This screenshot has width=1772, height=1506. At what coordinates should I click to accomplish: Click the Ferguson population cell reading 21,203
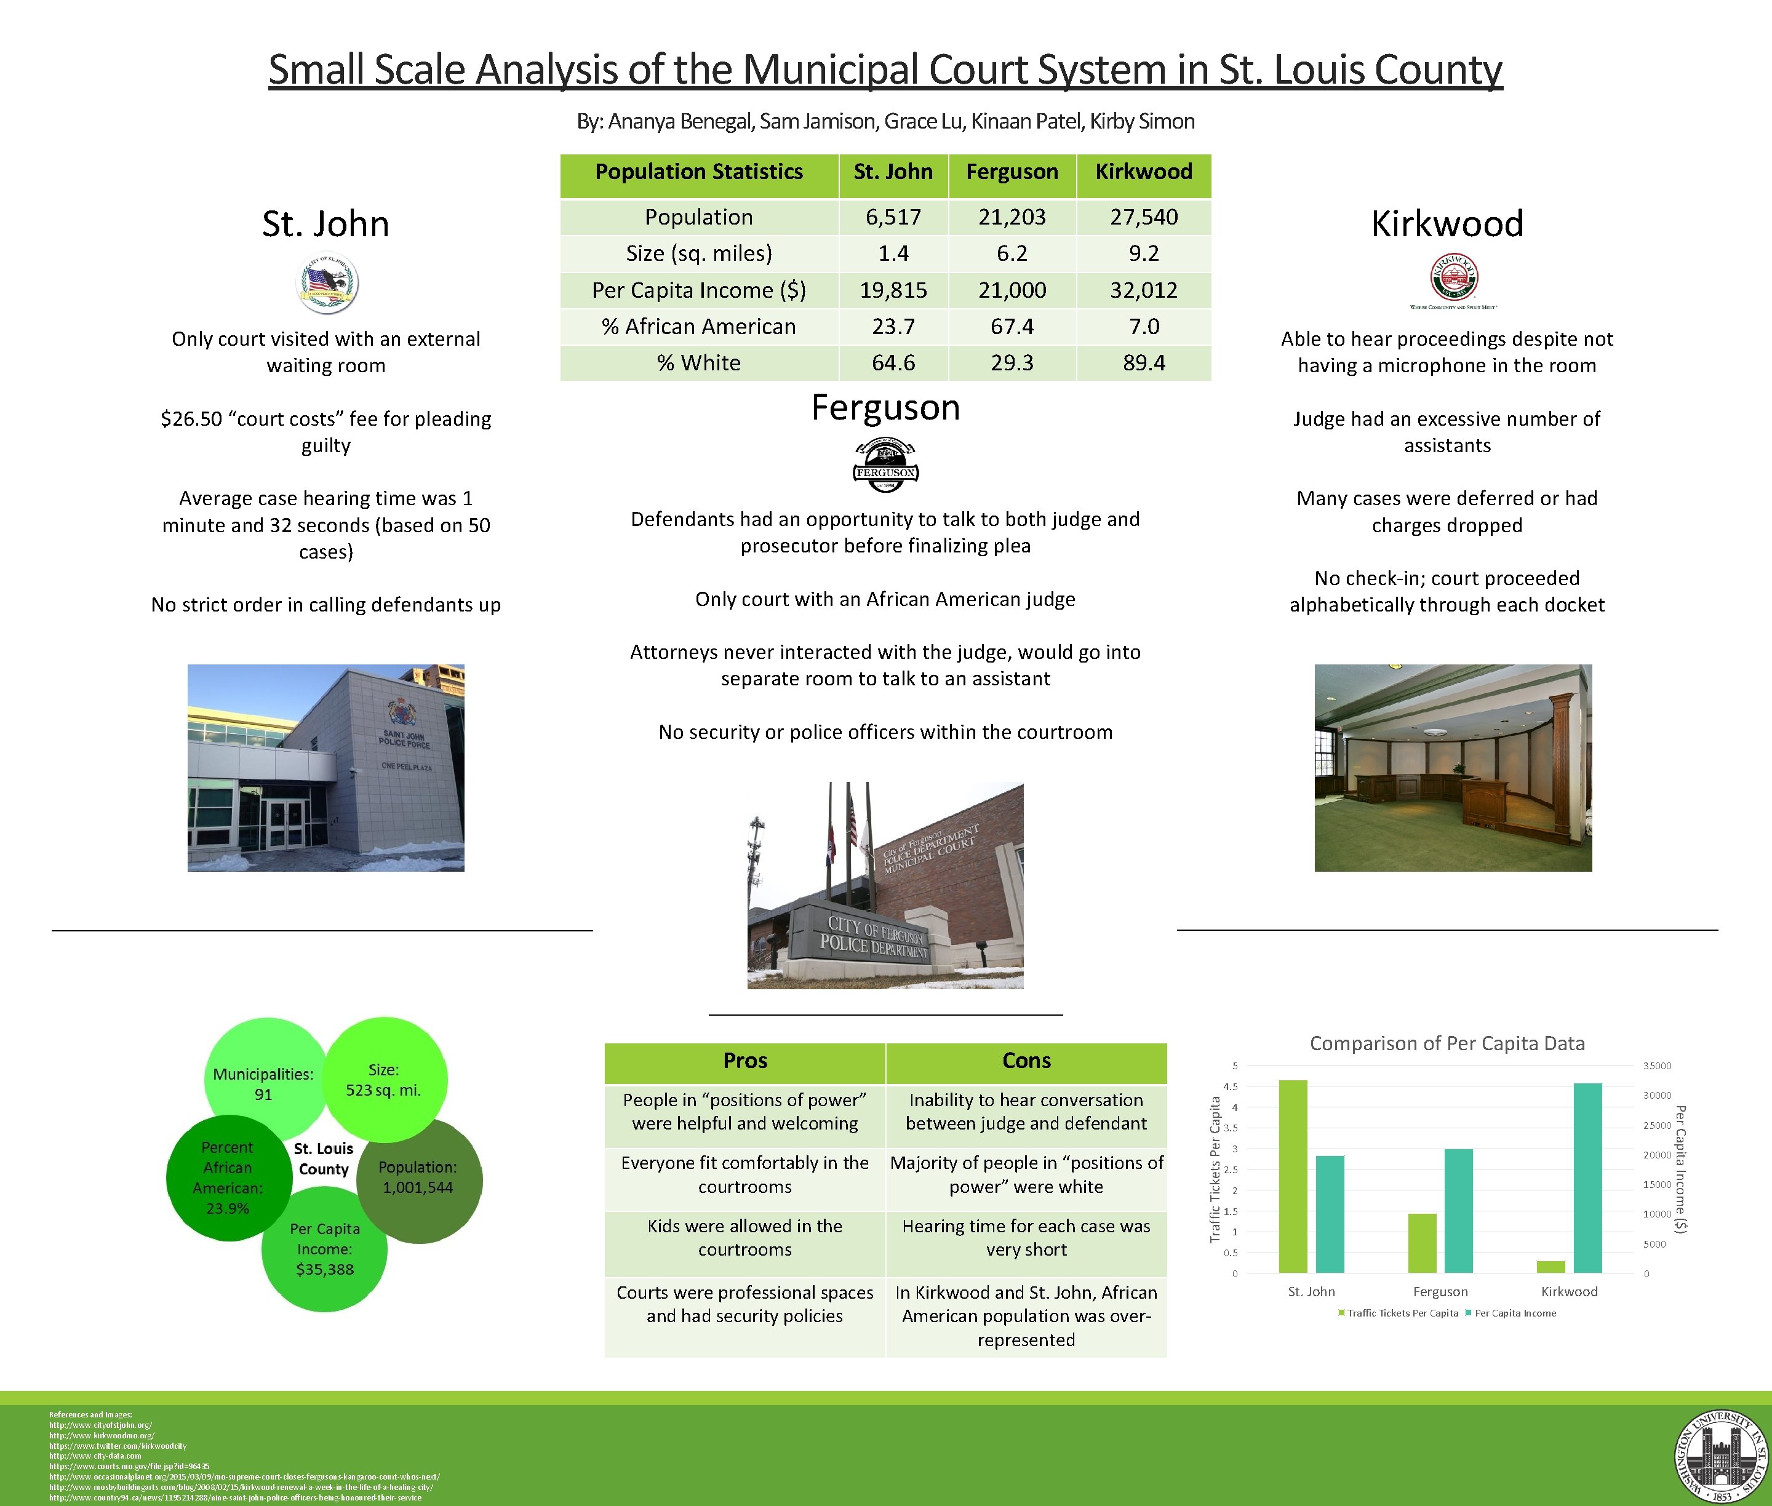click(x=1012, y=217)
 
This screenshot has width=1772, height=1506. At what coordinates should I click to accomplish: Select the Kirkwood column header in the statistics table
click(x=1143, y=172)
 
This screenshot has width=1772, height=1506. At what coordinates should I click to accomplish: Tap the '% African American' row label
click(x=698, y=326)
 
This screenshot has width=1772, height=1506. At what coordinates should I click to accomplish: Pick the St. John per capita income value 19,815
click(x=893, y=290)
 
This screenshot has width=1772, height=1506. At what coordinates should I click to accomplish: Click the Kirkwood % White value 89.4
click(x=1143, y=363)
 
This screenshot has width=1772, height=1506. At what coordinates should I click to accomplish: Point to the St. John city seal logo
click(x=326, y=284)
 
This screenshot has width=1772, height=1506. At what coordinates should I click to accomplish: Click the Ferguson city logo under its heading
click(x=885, y=465)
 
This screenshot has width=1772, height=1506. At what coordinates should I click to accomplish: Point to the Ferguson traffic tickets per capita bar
click(x=1422, y=1243)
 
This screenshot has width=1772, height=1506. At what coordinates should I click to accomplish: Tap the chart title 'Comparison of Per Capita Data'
click(x=1447, y=1043)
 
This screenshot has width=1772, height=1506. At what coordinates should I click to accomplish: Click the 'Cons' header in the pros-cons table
click(x=1026, y=1061)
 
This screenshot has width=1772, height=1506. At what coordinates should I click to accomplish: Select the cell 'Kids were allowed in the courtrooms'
click(x=744, y=1237)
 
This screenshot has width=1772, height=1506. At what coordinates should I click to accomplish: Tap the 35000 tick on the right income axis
click(x=1657, y=1066)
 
